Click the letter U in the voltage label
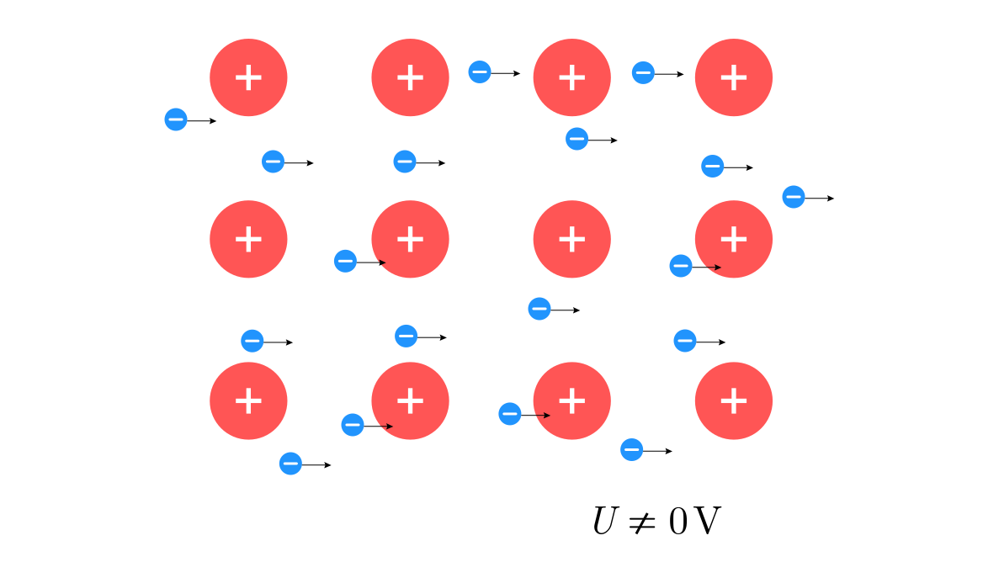(x=606, y=522)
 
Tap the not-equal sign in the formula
(x=643, y=522)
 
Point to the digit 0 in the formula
(x=679, y=522)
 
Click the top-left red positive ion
(x=248, y=77)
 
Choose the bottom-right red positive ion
(x=733, y=400)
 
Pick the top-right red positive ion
(x=733, y=77)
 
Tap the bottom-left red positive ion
(x=248, y=400)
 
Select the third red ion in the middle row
(x=571, y=239)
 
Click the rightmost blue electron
(x=793, y=197)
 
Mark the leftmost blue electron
(x=175, y=119)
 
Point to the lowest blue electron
(x=290, y=463)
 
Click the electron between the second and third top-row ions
(x=480, y=72)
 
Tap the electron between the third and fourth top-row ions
(x=643, y=73)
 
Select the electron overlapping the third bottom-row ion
(x=510, y=414)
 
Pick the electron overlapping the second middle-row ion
(x=345, y=261)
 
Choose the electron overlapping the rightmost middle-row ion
(x=681, y=266)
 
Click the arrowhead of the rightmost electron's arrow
(x=831, y=199)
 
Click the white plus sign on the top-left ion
(x=248, y=77)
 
